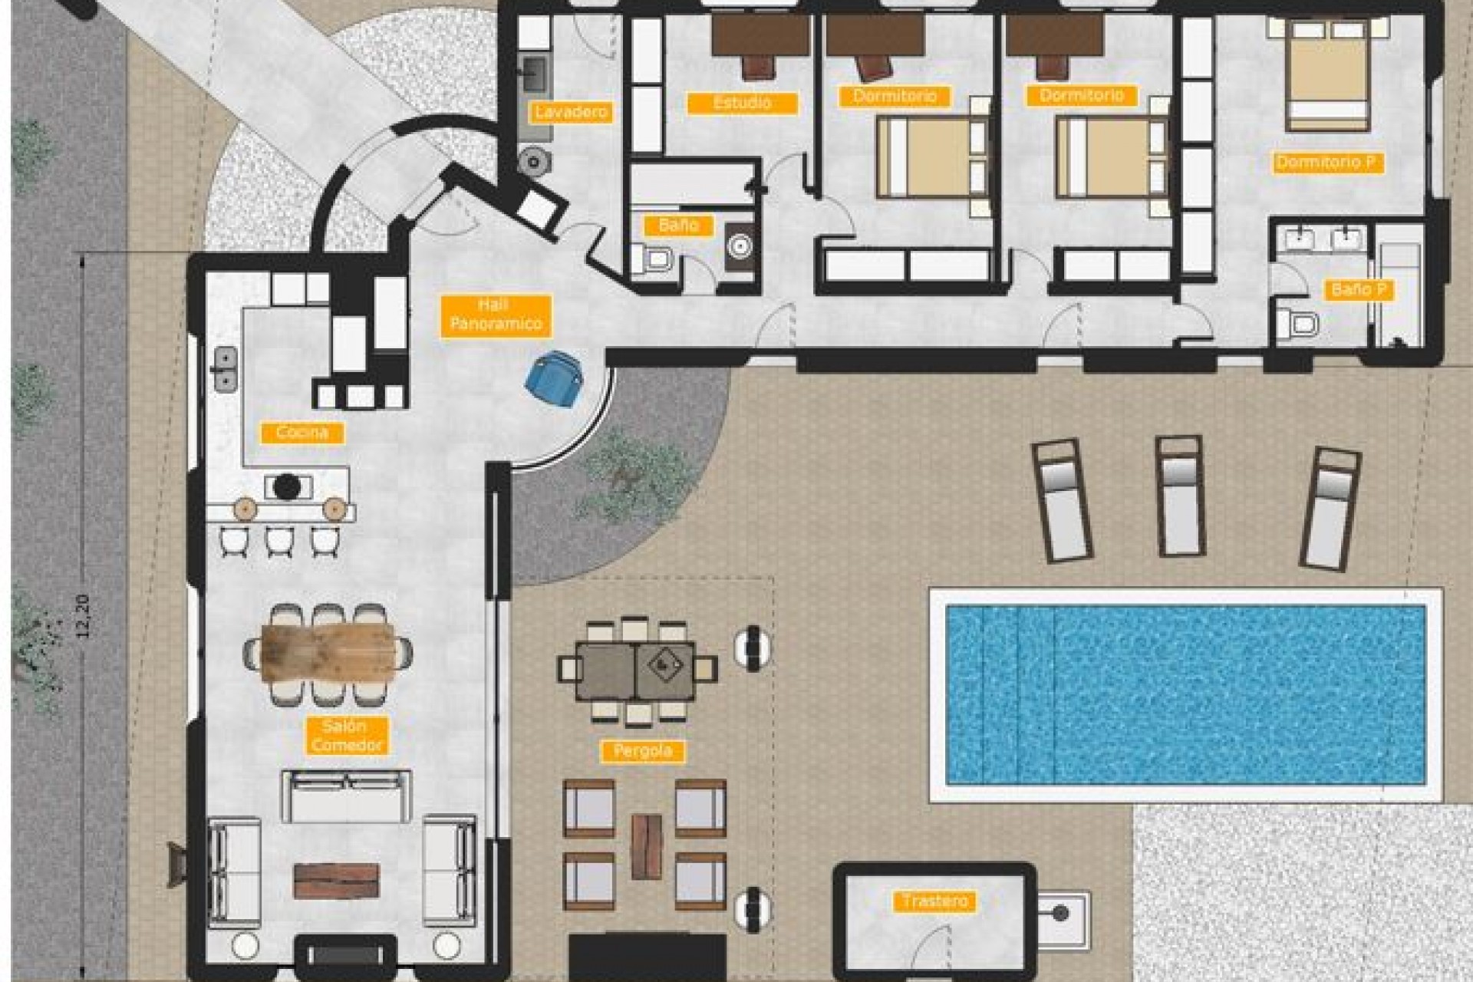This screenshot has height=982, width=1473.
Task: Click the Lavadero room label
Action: (x=571, y=112)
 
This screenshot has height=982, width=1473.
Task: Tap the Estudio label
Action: (x=742, y=103)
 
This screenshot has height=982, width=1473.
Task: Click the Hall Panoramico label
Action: (x=496, y=315)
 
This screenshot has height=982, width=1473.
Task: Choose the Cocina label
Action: (x=302, y=433)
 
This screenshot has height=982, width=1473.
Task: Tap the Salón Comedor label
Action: (x=345, y=735)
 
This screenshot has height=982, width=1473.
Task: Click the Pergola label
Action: (x=643, y=751)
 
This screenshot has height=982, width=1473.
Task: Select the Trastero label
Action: (x=934, y=901)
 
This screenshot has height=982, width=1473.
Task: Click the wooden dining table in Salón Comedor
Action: (x=328, y=653)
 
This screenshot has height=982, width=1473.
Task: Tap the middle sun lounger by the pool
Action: (x=1180, y=495)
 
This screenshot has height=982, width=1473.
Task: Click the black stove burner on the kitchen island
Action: (x=288, y=485)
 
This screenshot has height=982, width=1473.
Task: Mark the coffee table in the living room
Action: (x=337, y=881)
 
